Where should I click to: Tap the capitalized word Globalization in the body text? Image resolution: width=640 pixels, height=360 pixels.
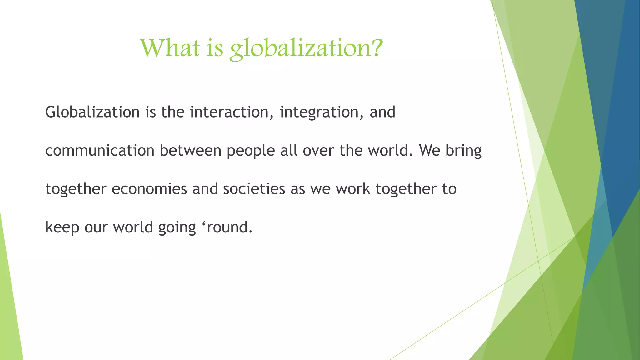point(92,112)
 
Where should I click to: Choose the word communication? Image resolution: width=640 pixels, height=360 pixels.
point(100,151)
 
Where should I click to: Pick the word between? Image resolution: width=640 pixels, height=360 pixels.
point(190,151)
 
